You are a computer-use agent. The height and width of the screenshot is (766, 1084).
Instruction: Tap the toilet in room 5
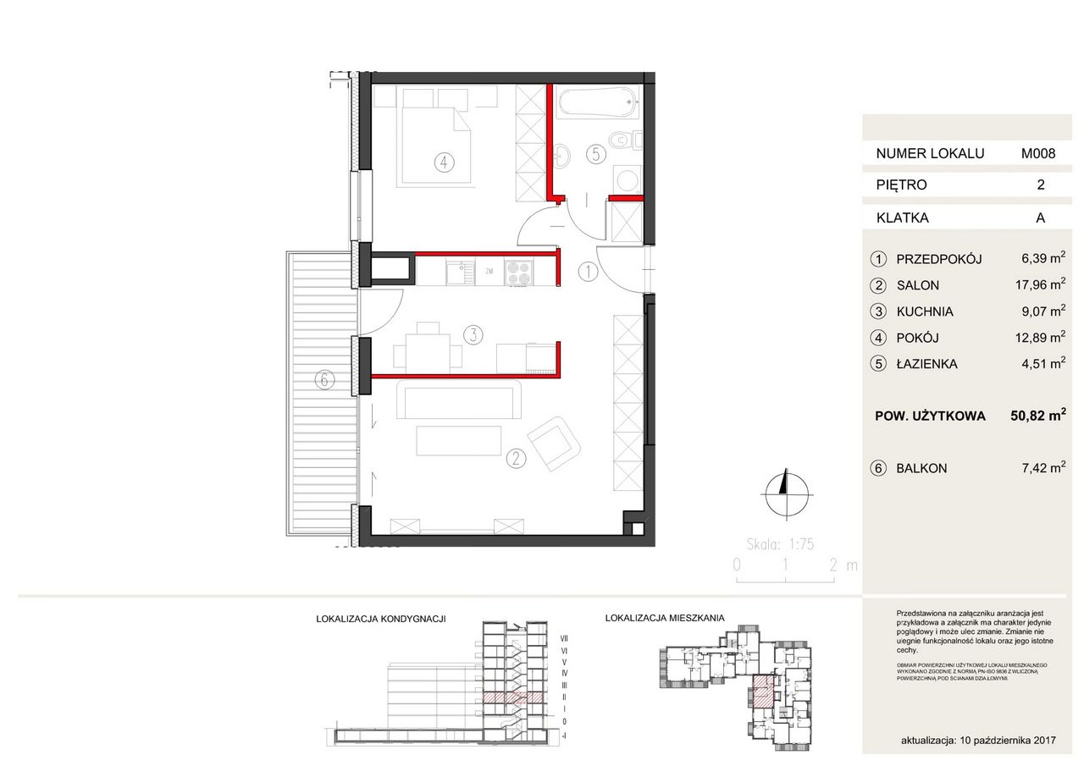click(x=627, y=138)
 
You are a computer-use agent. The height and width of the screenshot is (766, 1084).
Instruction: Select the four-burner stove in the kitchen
click(x=518, y=271)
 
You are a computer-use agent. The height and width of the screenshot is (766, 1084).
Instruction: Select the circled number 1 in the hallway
click(x=587, y=272)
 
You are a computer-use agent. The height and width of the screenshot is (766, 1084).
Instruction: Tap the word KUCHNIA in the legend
click(x=925, y=311)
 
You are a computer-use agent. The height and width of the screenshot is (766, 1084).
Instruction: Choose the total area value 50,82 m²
click(x=1037, y=416)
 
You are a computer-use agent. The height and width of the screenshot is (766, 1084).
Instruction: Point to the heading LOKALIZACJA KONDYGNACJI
click(x=380, y=619)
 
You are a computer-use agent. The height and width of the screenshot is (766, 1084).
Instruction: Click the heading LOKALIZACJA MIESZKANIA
click(x=665, y=619)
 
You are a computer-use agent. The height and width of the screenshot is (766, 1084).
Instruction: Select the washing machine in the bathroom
click(x=628, y=179)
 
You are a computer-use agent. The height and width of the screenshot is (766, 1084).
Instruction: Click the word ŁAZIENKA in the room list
click(x=927, y=364)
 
